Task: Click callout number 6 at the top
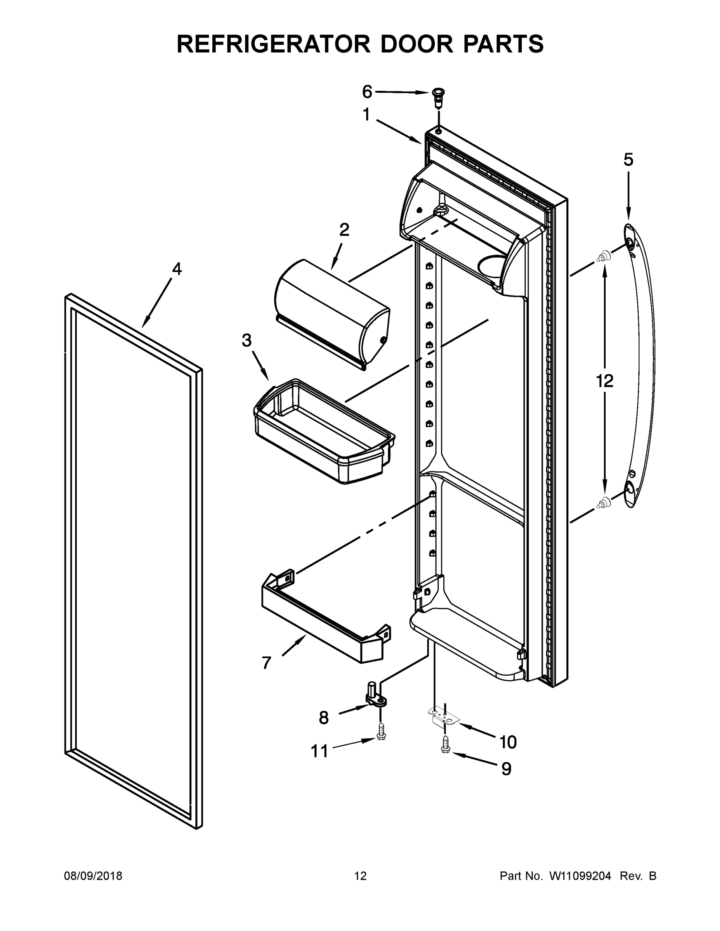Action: pyautogui.click(x=367, y=91)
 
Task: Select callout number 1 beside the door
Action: pyautogui.click(x=366, y=115)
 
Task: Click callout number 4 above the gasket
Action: pyautogui.click(x=177, y=268)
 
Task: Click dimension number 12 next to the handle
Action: pyautogui.click(x=604, y=381)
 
